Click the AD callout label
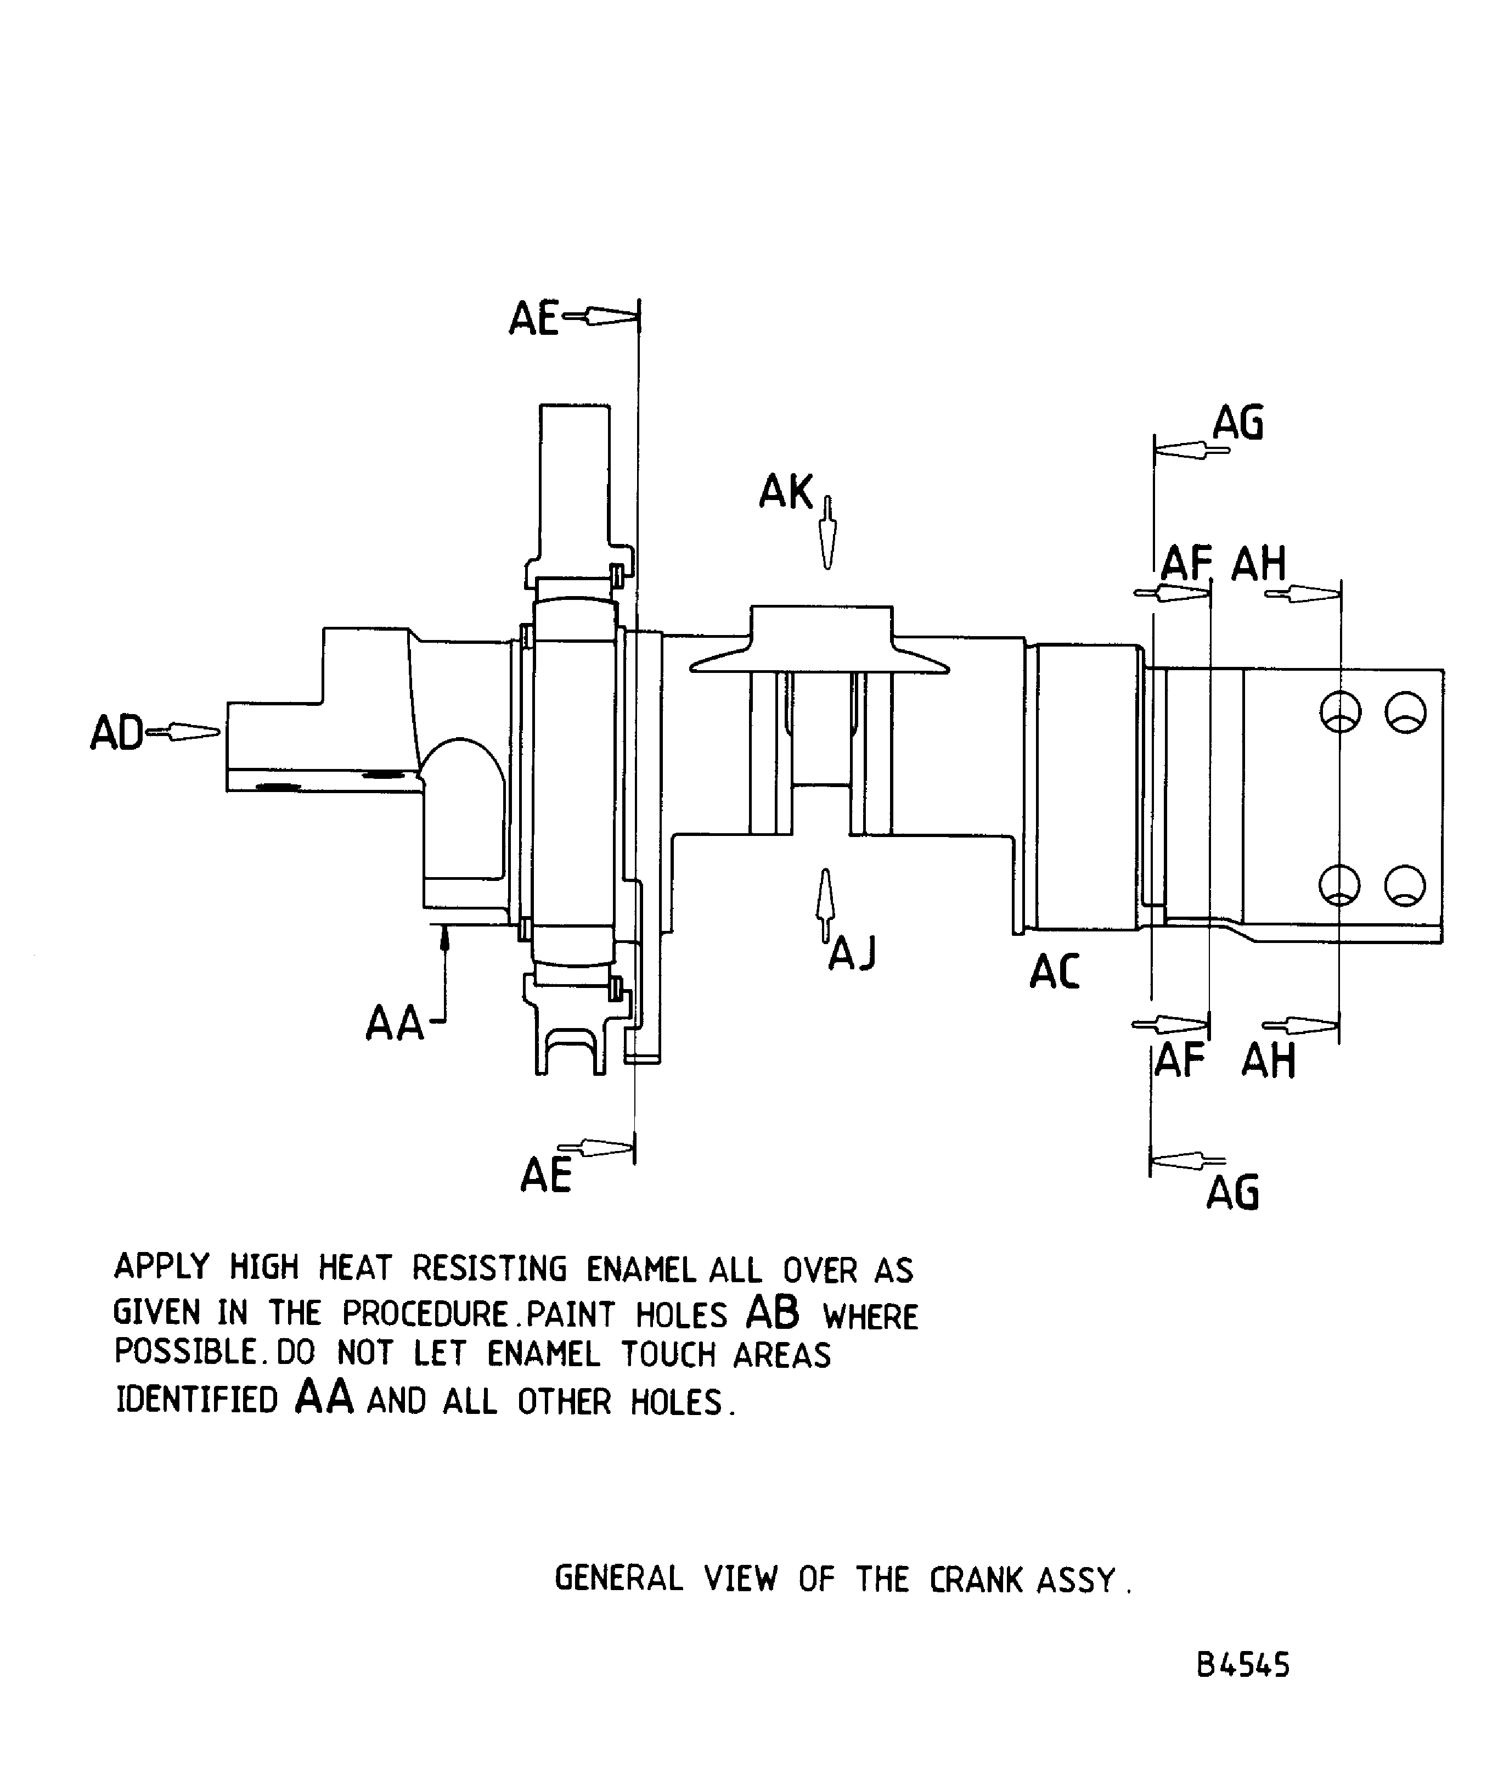pos(117,733)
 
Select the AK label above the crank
pos(786,492)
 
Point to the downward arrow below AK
pos(826,533)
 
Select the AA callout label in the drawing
pos(395,1024)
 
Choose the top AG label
pos(1238,423)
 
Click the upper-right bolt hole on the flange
pos(1405,711)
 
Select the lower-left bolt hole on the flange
pos(1339,885)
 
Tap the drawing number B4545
pos(1243,1665)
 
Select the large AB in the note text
pos(773,1313)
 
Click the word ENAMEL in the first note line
pos(641,1270)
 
